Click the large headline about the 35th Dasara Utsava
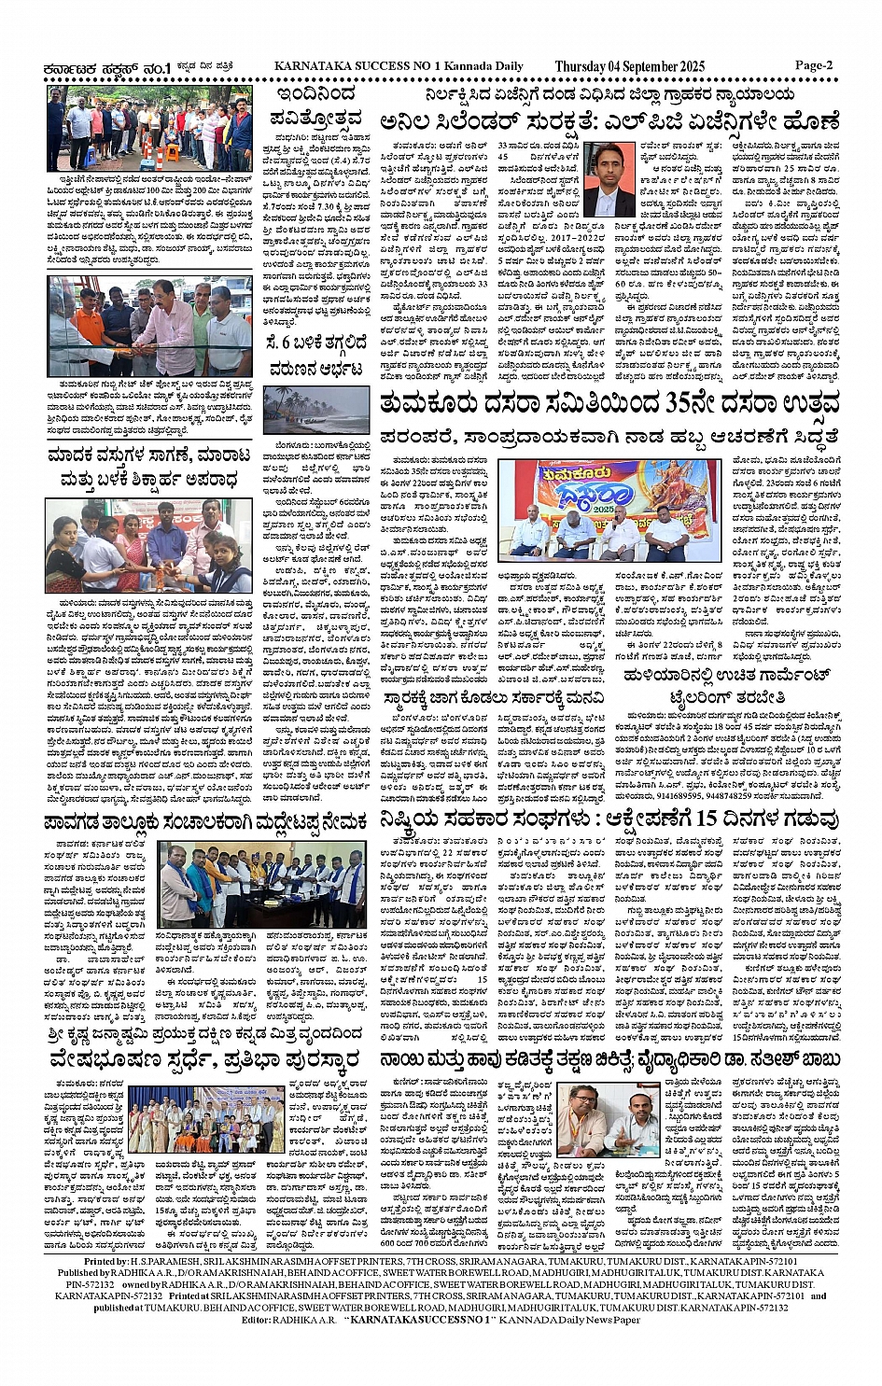[x=609, y=403]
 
